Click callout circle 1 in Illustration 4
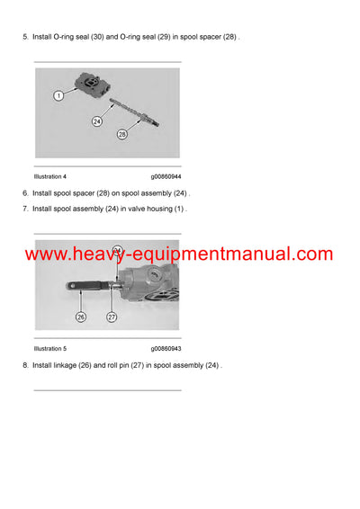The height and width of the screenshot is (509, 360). point(58,94)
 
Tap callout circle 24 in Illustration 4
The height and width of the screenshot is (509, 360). point(97,120)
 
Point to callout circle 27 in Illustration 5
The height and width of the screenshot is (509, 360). point(112,316)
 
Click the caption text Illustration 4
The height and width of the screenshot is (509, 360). point(50,176)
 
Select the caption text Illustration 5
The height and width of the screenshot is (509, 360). point(50,348)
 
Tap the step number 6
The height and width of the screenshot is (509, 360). point(25,192)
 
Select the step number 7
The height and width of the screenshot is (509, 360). point(25,209)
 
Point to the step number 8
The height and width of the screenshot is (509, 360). point(25,365)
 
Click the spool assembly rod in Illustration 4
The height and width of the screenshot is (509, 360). point(126,112)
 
